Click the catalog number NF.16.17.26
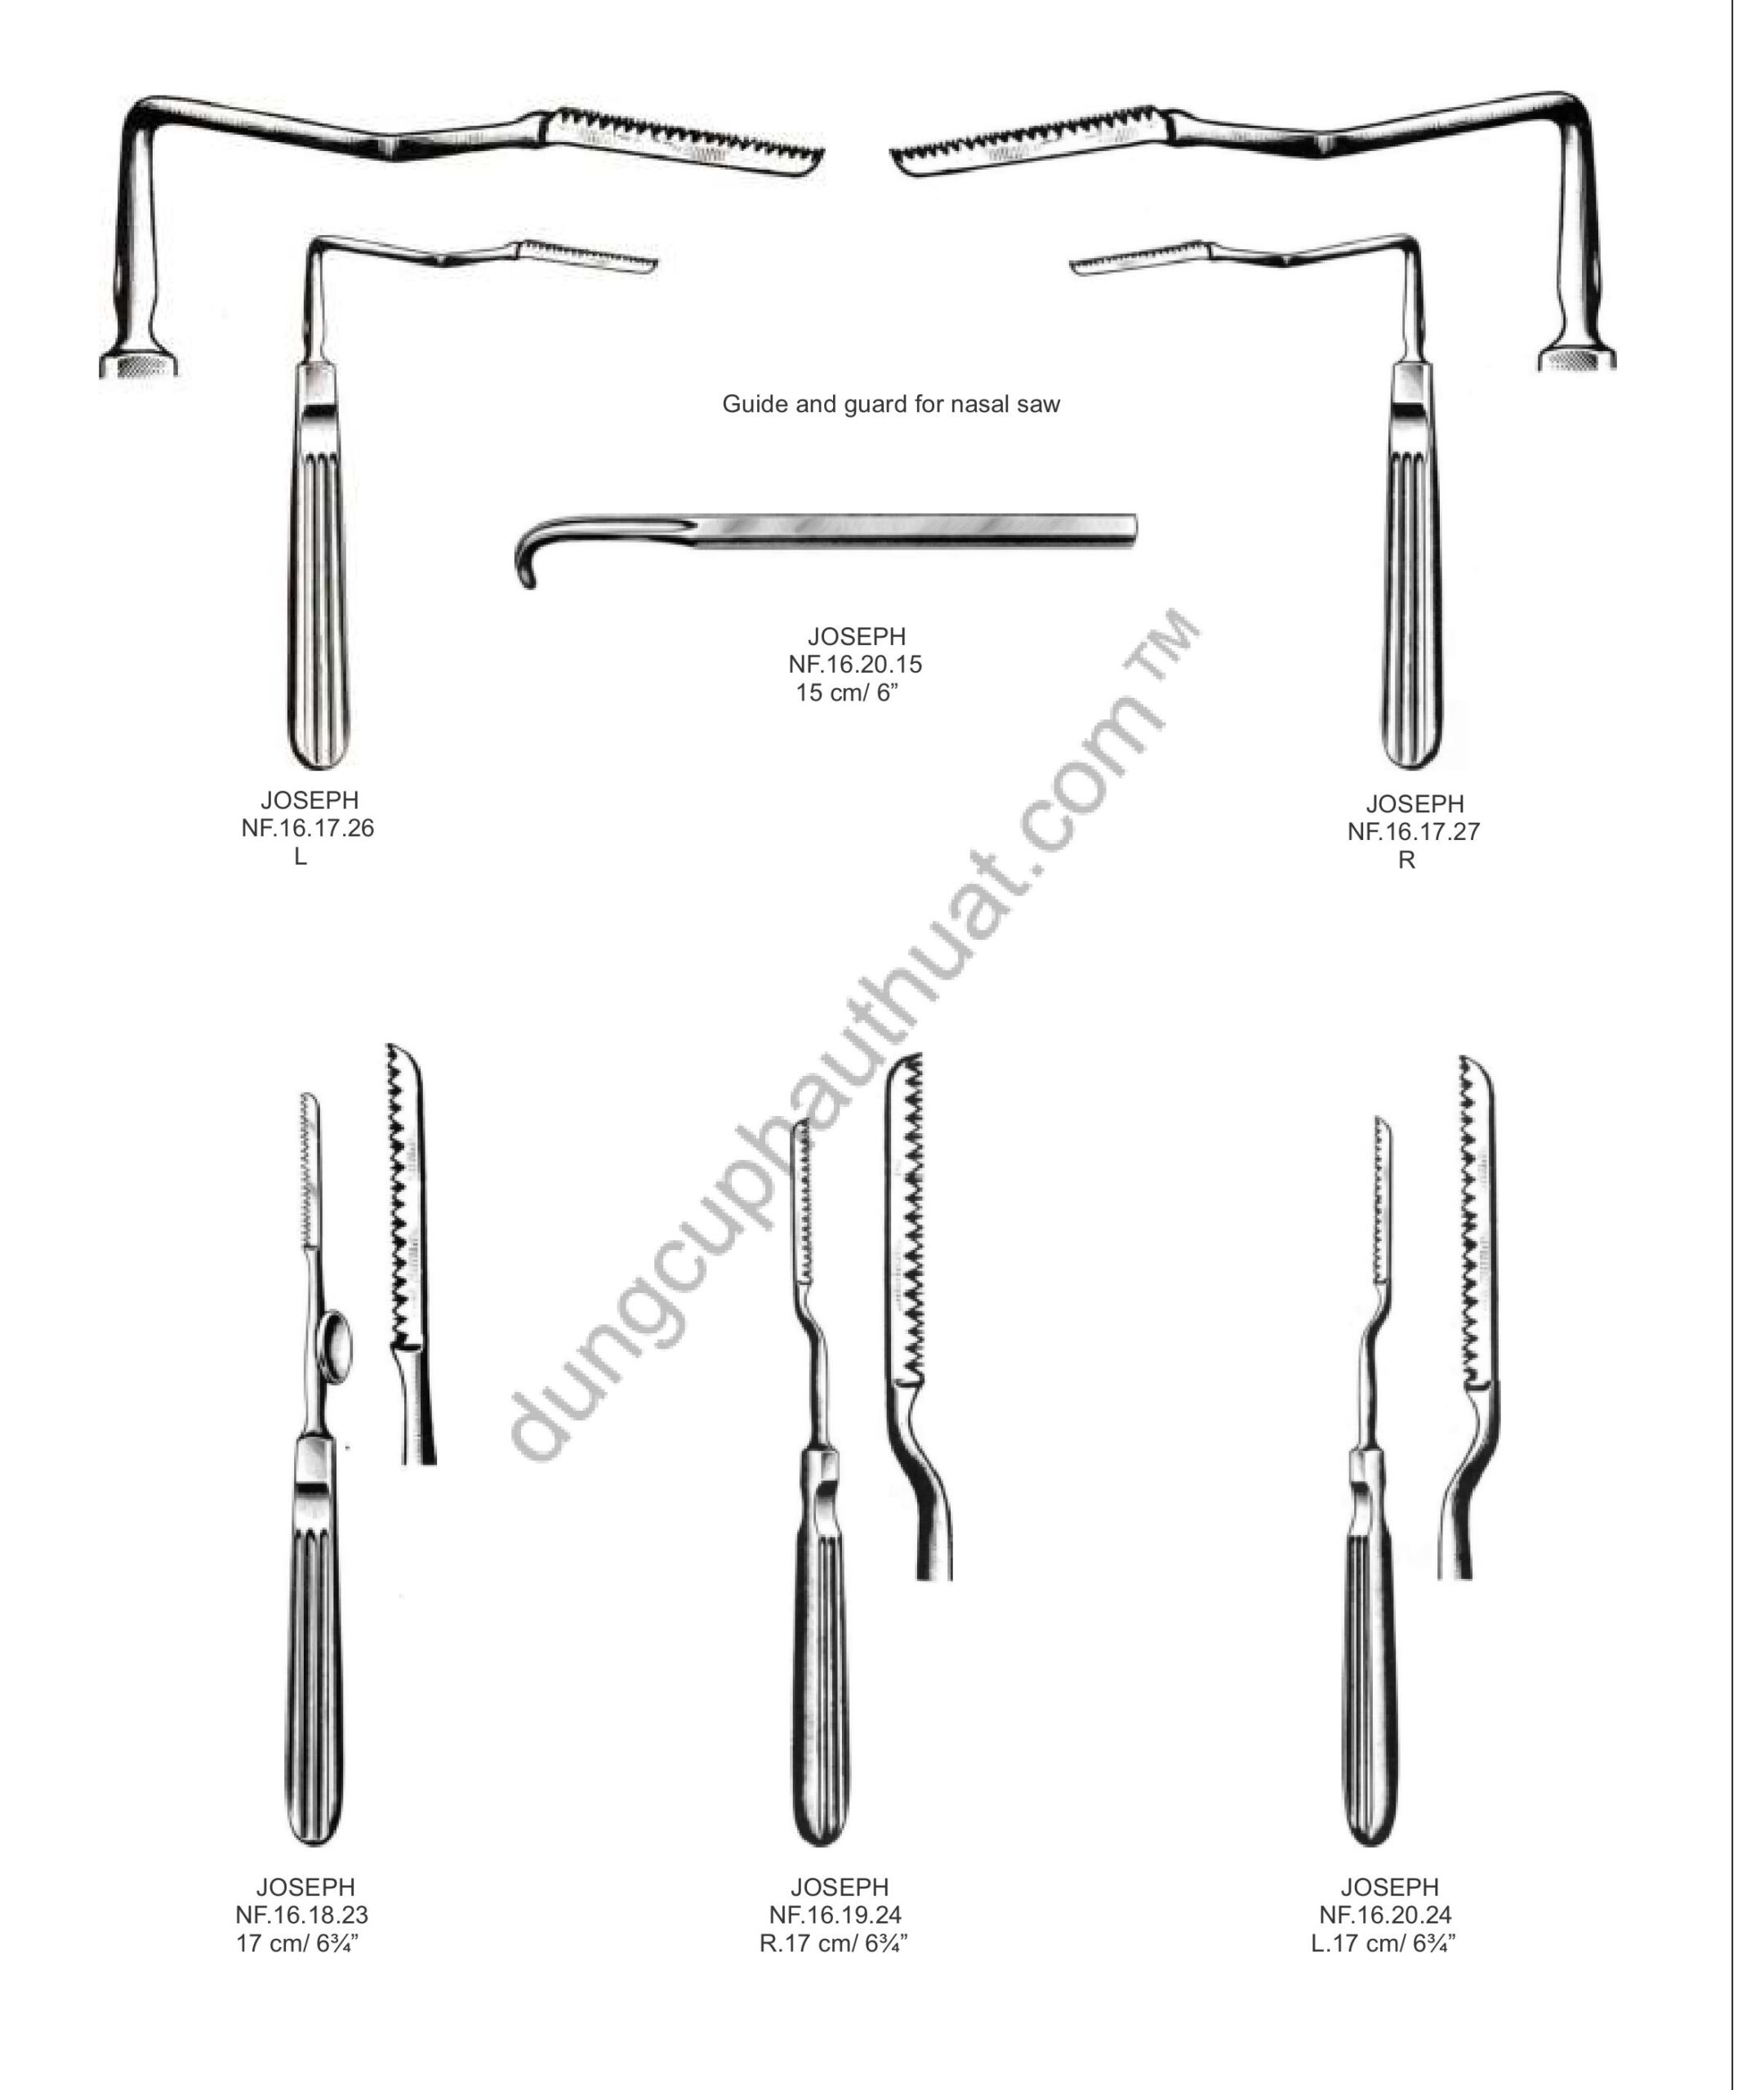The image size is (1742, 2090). click(308, 828)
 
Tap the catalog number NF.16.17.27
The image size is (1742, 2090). click(1414, 832)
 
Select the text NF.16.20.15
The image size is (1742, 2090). click(855, 664)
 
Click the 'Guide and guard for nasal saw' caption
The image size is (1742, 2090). click(891, 404)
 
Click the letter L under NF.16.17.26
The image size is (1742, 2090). click(301, 857)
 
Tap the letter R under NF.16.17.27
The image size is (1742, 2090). click(1406, 860)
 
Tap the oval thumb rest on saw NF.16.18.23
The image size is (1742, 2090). click(336, 1348)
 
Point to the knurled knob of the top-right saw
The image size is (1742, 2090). click(1577, 358)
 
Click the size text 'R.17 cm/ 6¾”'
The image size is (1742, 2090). click(833, 1944)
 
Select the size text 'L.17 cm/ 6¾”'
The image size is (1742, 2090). click(1383, 1944)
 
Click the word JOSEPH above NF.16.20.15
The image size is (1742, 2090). click(857, 636)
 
